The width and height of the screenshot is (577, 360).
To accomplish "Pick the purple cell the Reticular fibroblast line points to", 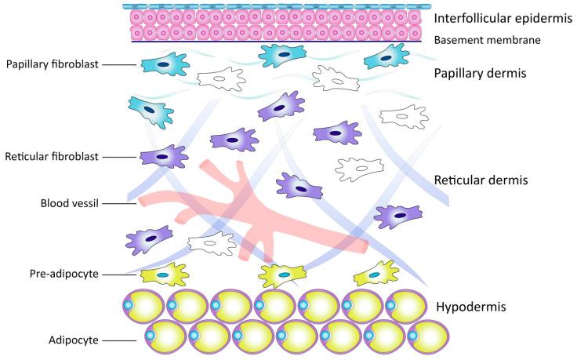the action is [163, 157].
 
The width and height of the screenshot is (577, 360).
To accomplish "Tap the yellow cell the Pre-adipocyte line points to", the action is [163, 275].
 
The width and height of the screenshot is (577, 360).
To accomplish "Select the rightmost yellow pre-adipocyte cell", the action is [376, 275].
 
